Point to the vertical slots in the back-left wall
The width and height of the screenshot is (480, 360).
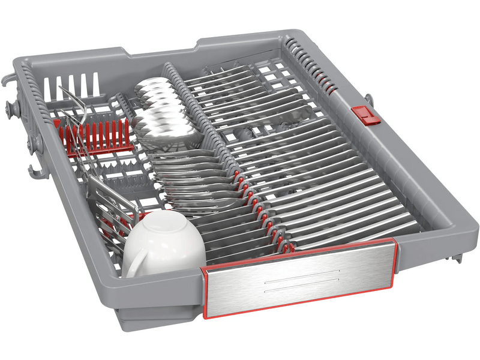point(72,85)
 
